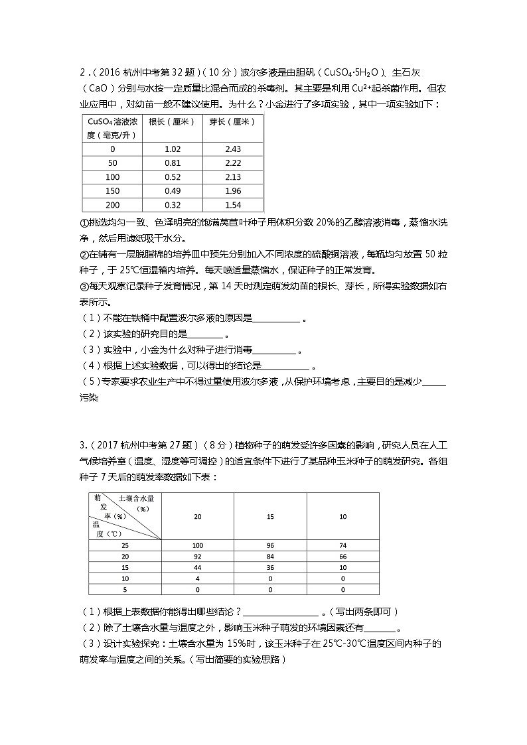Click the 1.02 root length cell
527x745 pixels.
[x=172, y=149]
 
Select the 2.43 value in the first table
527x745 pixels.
[x=232, y=149]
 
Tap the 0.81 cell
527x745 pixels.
[x=172, y=163]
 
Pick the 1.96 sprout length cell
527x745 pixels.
[x=232, y=191]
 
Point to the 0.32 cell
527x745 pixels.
[x=172, y=205]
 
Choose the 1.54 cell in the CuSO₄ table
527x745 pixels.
[x=232, y=205]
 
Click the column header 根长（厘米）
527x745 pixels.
[x=172, y=122]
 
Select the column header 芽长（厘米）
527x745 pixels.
[x=232, y=122]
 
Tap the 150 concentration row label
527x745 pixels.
[x=112, y=191]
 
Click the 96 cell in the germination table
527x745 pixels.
[x=270, y=545]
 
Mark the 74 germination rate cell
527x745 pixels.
[x=342, y=545]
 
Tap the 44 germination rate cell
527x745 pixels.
[x=197, y=567]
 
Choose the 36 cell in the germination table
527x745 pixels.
[x=270, y=567]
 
